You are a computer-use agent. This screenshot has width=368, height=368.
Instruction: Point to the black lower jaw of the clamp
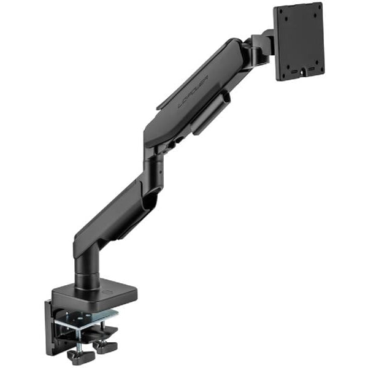tap(92, 334)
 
